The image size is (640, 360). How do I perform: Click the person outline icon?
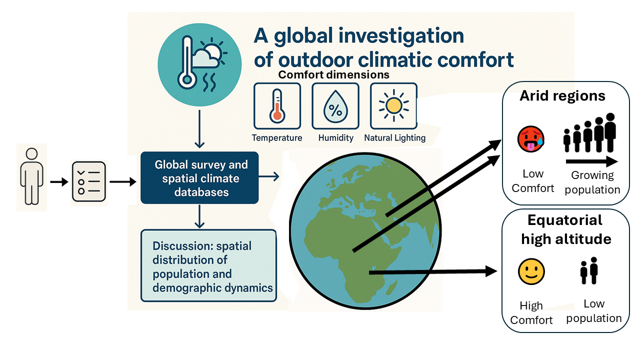pos(31,176)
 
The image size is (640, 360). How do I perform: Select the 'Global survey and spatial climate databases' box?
pos(199,178)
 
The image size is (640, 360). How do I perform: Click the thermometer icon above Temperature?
pos(277,106)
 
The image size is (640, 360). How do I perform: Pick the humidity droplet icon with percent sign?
pos(335,106)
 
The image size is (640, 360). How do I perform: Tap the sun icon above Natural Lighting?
pos(393,106)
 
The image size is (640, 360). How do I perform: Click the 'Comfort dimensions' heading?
pos(333,75)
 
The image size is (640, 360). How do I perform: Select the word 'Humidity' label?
pos(335,137)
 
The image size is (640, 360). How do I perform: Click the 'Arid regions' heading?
pos(562,95)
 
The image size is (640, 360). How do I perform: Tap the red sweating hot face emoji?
pos(531,139)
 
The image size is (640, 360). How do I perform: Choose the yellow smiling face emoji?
pos(531,272)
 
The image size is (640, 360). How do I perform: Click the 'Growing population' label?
pos(592,182)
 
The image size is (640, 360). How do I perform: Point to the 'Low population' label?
pos(594,311)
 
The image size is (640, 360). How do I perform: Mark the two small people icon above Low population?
pos(589,270)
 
